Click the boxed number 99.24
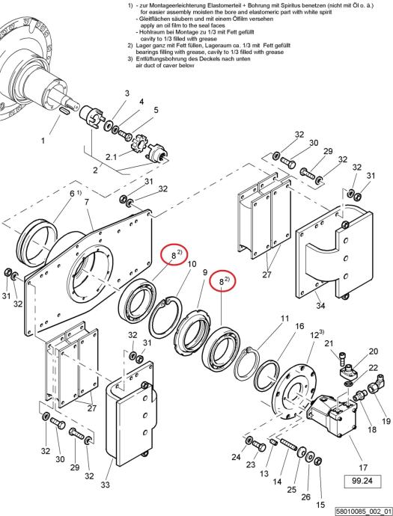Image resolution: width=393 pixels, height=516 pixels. click(x=362, y=482)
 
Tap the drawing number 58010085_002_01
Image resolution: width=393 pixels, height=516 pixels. click(x=364, y=512)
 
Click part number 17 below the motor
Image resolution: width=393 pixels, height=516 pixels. click(x=363, y=467)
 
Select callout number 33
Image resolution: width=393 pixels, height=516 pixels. click(x=105, y=485)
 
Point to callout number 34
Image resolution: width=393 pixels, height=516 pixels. click(x=320, y=306)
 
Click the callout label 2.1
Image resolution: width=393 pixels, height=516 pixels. click(x=111, y=157)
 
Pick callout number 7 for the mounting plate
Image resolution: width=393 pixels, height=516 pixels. click(x=87, y=202)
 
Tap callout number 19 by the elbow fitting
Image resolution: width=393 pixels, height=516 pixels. click(x=386, y=421)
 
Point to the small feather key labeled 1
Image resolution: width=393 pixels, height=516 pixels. click(x=64, y=111)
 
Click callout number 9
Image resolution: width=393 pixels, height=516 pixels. click(x=205, y=273)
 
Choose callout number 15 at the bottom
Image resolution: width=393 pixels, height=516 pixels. click(x=320, y=505)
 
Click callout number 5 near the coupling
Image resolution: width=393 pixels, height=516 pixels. click(x=156, y=110)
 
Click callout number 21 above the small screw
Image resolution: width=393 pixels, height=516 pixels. click(x=329, y=343)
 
